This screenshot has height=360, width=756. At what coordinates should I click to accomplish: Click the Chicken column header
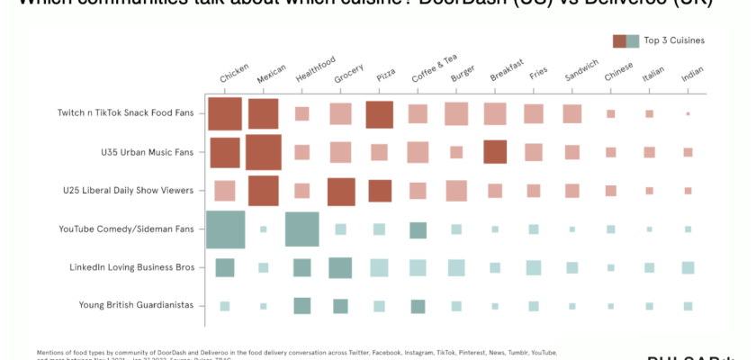234,75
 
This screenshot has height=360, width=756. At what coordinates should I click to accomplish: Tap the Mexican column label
271,75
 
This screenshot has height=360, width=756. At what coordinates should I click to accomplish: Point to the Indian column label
692,76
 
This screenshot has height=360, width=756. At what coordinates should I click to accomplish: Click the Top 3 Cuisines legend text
673,40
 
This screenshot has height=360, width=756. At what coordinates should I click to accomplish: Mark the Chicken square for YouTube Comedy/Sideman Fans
226,229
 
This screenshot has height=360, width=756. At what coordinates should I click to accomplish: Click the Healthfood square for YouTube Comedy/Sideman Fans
302,229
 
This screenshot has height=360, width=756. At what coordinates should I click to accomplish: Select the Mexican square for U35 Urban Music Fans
264,152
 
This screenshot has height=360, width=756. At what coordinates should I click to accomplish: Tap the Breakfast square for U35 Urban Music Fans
495,152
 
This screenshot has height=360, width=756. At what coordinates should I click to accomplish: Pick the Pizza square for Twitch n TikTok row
380,114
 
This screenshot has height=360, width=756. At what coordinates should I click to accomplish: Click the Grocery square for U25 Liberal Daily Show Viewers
341,191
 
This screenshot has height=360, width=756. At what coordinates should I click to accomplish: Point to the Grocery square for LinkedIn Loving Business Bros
340,267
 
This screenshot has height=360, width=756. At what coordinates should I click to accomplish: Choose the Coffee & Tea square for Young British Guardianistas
418,306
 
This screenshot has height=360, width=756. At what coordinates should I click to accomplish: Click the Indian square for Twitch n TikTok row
688,114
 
